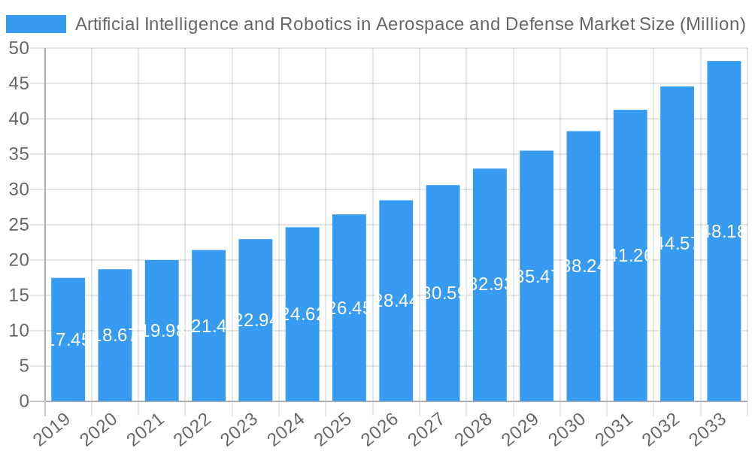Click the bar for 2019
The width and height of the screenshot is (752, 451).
pos(68,340)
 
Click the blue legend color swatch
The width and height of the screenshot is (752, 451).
pos(36,24)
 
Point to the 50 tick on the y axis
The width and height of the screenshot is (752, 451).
pos(19,48)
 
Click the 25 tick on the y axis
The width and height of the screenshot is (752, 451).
pos(19,225)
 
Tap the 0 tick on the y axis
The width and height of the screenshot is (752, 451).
pos(24,401)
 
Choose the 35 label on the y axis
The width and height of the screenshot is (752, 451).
pos(19,154)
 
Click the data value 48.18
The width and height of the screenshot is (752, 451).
pos(723,232)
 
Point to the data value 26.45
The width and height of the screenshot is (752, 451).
pos(349,309)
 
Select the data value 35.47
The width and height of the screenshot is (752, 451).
pos(536,277)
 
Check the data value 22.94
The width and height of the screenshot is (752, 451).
pos(255,321)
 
